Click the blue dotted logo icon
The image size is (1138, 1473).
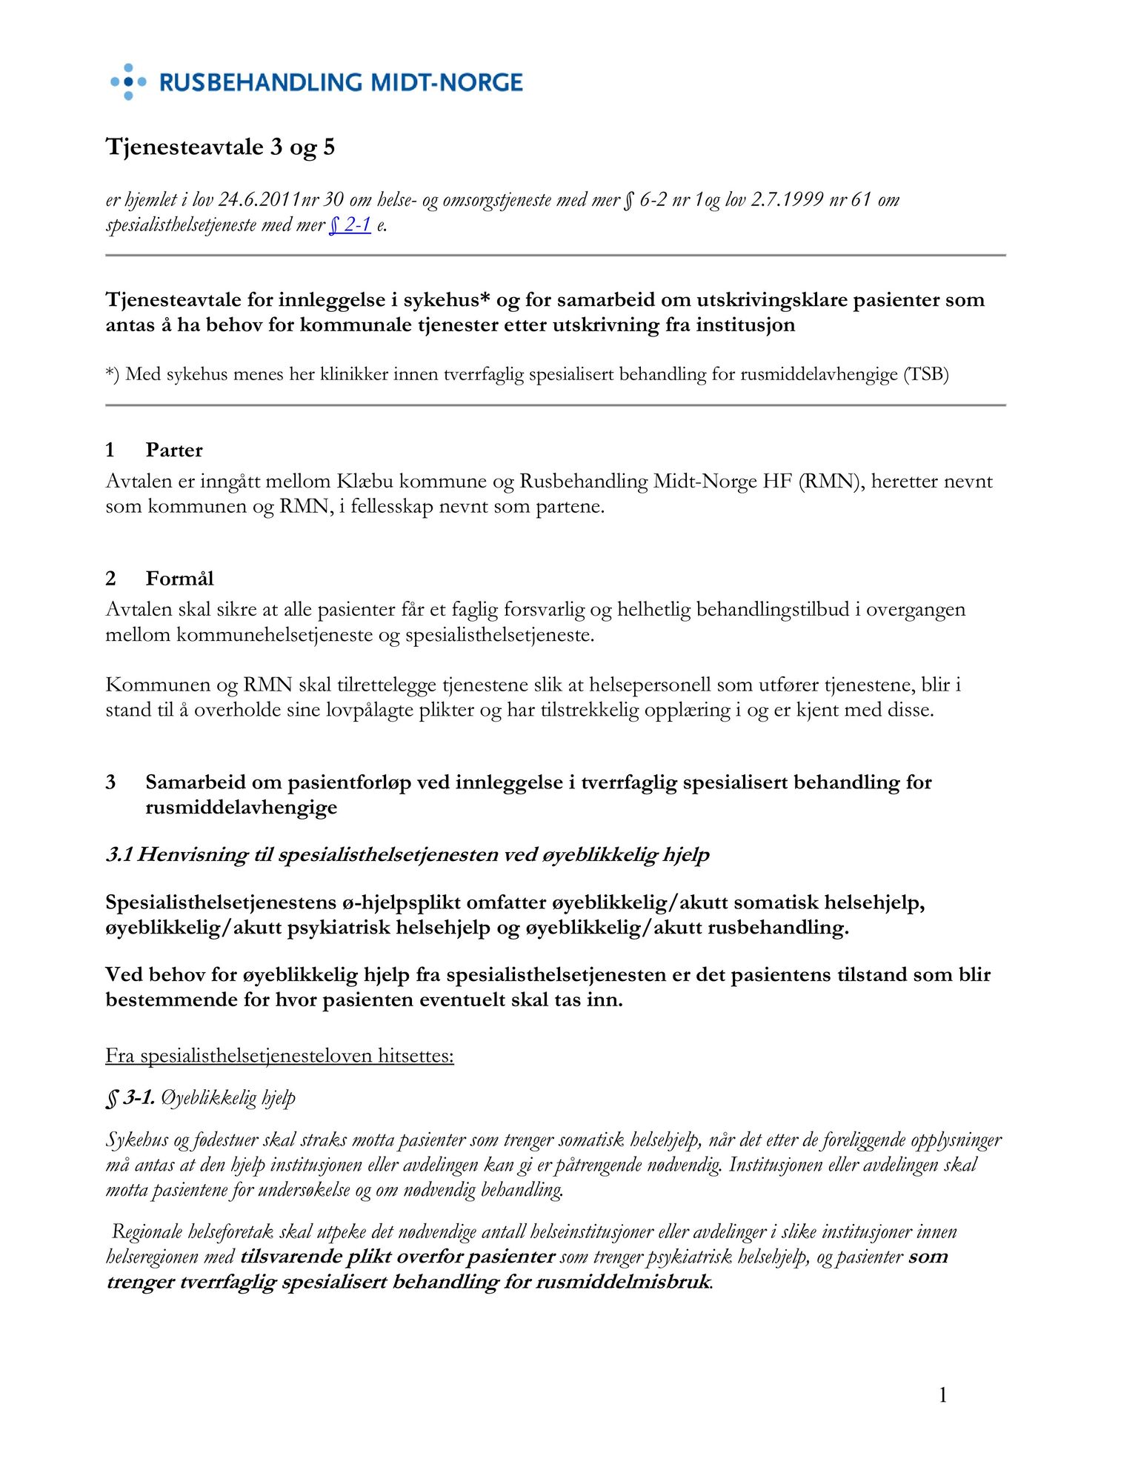pyautogui.click(x=128, y=82)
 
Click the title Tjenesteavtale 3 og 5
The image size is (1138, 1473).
pyautogui.click(x=220, y=147)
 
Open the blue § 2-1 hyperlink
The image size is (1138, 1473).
pyautogui.click(x=350, y=225)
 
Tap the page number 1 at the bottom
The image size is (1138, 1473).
pyautogui.click(x=942, y=1395)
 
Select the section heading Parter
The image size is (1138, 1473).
pyautogui.click(x=174, y=450)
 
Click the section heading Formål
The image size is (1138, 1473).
pyautogui.click(x=179, y=578)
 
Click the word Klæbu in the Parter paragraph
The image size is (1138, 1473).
pyautogui.click(x=365, y=482)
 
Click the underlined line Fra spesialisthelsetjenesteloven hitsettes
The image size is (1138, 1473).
pyautogui.click(x=279, y=1055)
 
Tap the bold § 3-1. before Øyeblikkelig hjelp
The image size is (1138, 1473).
pyautogui.click(x=130, y=1097)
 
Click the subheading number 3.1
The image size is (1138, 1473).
pyautogui.click(x=119, y=854)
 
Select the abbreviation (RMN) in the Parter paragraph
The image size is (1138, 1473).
pyautogui.click(x=831, y=482)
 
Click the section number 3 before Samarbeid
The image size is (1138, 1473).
pyautogui.click(x=110, y=782)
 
